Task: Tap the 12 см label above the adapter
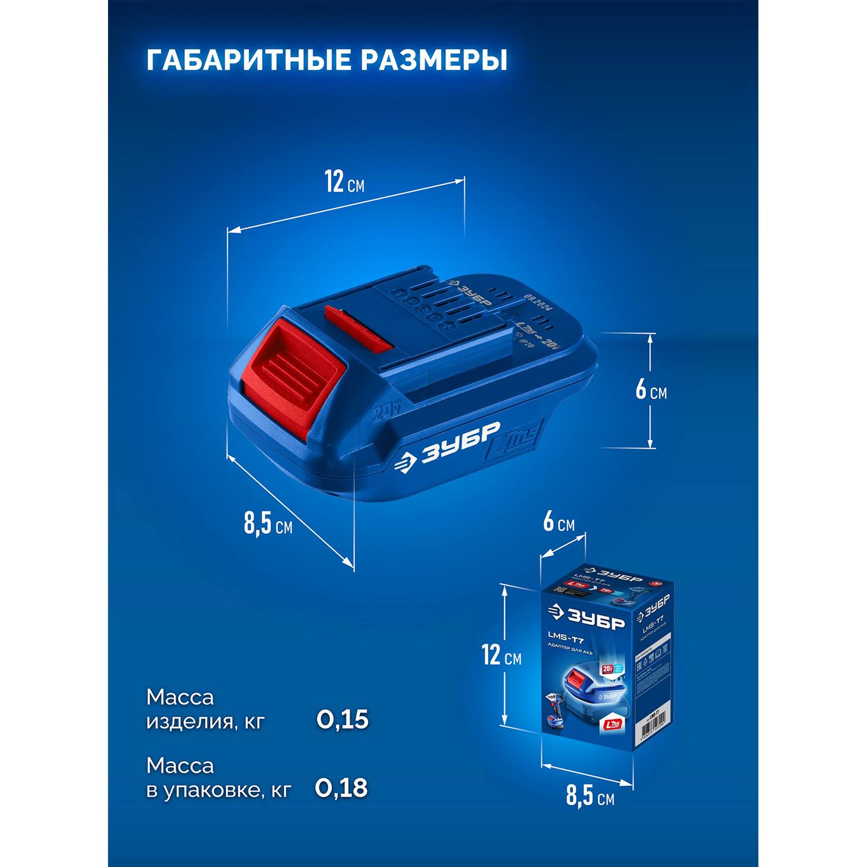[344, 182]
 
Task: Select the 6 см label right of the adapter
[651, 390]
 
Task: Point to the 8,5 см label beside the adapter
[267, 524]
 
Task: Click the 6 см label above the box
[559, 522]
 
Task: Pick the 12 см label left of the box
[501, 656]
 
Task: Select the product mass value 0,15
[342, 720]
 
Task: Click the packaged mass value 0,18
[341, 788]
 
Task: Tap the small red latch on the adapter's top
[358, 328]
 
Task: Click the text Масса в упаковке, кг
[218, 777]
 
